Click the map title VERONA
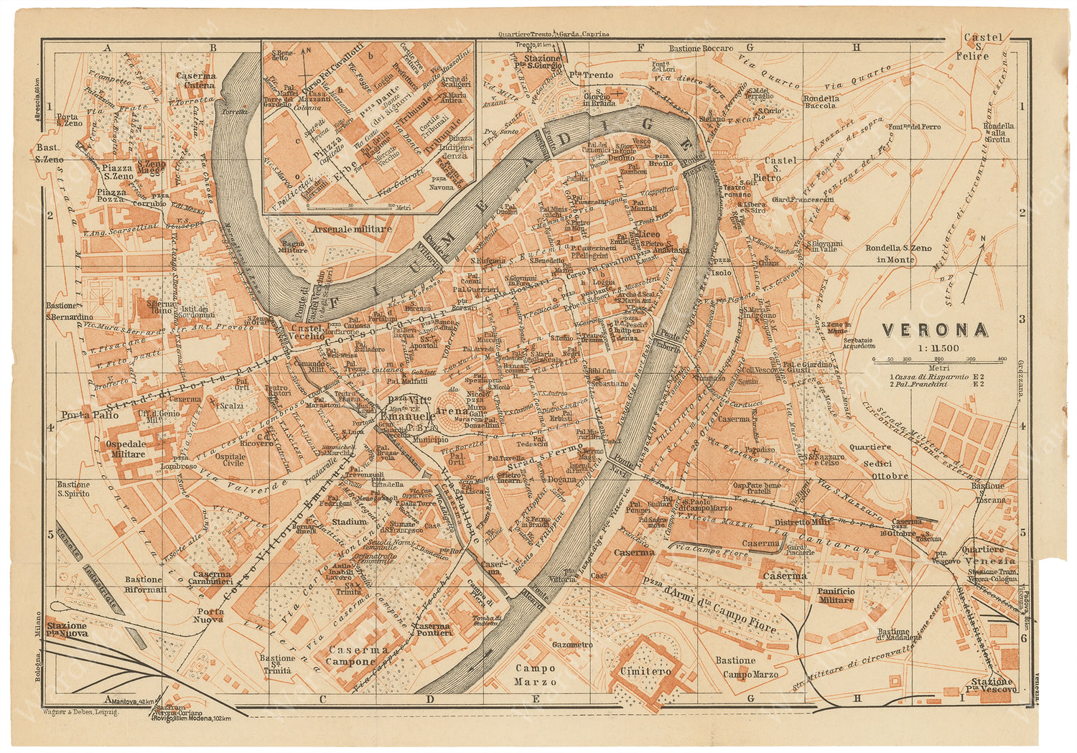pos(934,330)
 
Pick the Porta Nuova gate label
pos(208,615)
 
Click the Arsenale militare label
pos(352,229)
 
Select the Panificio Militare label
pos(836,595)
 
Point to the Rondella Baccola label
pos(821,102)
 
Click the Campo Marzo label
pos(535,675)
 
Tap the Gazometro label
pos(572,645)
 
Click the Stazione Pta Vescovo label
pos(992,685)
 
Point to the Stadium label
pos(350,522)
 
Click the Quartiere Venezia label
pos(989,555)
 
